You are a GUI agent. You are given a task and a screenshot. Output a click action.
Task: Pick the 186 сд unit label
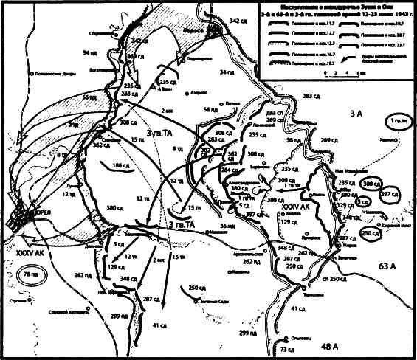click(x=114, y=168)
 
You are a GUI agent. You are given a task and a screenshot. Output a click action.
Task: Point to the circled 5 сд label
click(x=362, y=201)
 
